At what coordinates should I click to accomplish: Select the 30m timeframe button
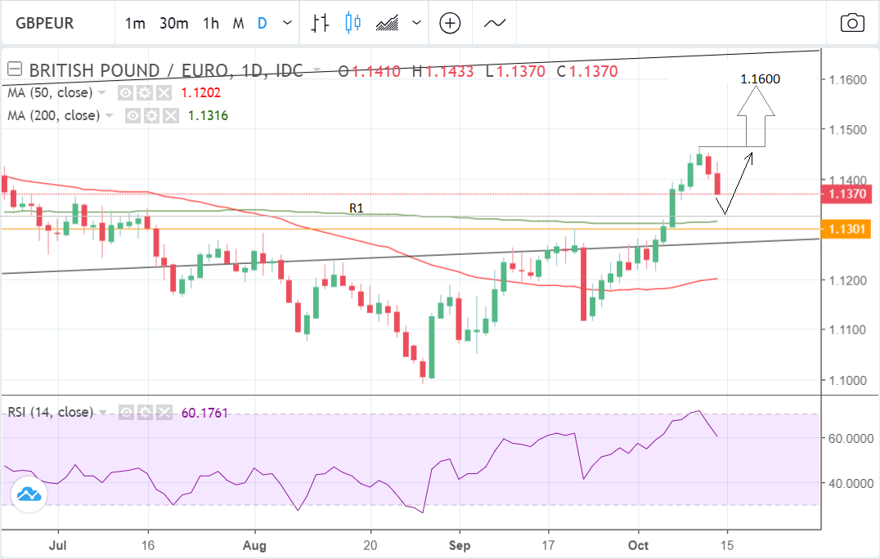click(x=174, y=23)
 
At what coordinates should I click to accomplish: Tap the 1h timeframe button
click(x=211, y=23)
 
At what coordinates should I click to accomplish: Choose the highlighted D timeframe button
click(x=263, y=23)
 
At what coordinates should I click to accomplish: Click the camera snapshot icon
click(x=852, y=23)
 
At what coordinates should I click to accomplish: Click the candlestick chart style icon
click(x=353, y=23)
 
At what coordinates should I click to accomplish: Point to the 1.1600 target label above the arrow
click(x=760, y=79)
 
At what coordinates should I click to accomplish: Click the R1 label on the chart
click(x=357, y=208)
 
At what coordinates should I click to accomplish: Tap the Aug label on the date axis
click(x=255, y=543)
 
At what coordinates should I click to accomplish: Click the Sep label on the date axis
click(x=460, y=543)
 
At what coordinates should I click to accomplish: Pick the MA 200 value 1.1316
click(x=208, y=116)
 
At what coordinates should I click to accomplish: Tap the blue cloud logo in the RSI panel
click(x=29, y=494)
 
